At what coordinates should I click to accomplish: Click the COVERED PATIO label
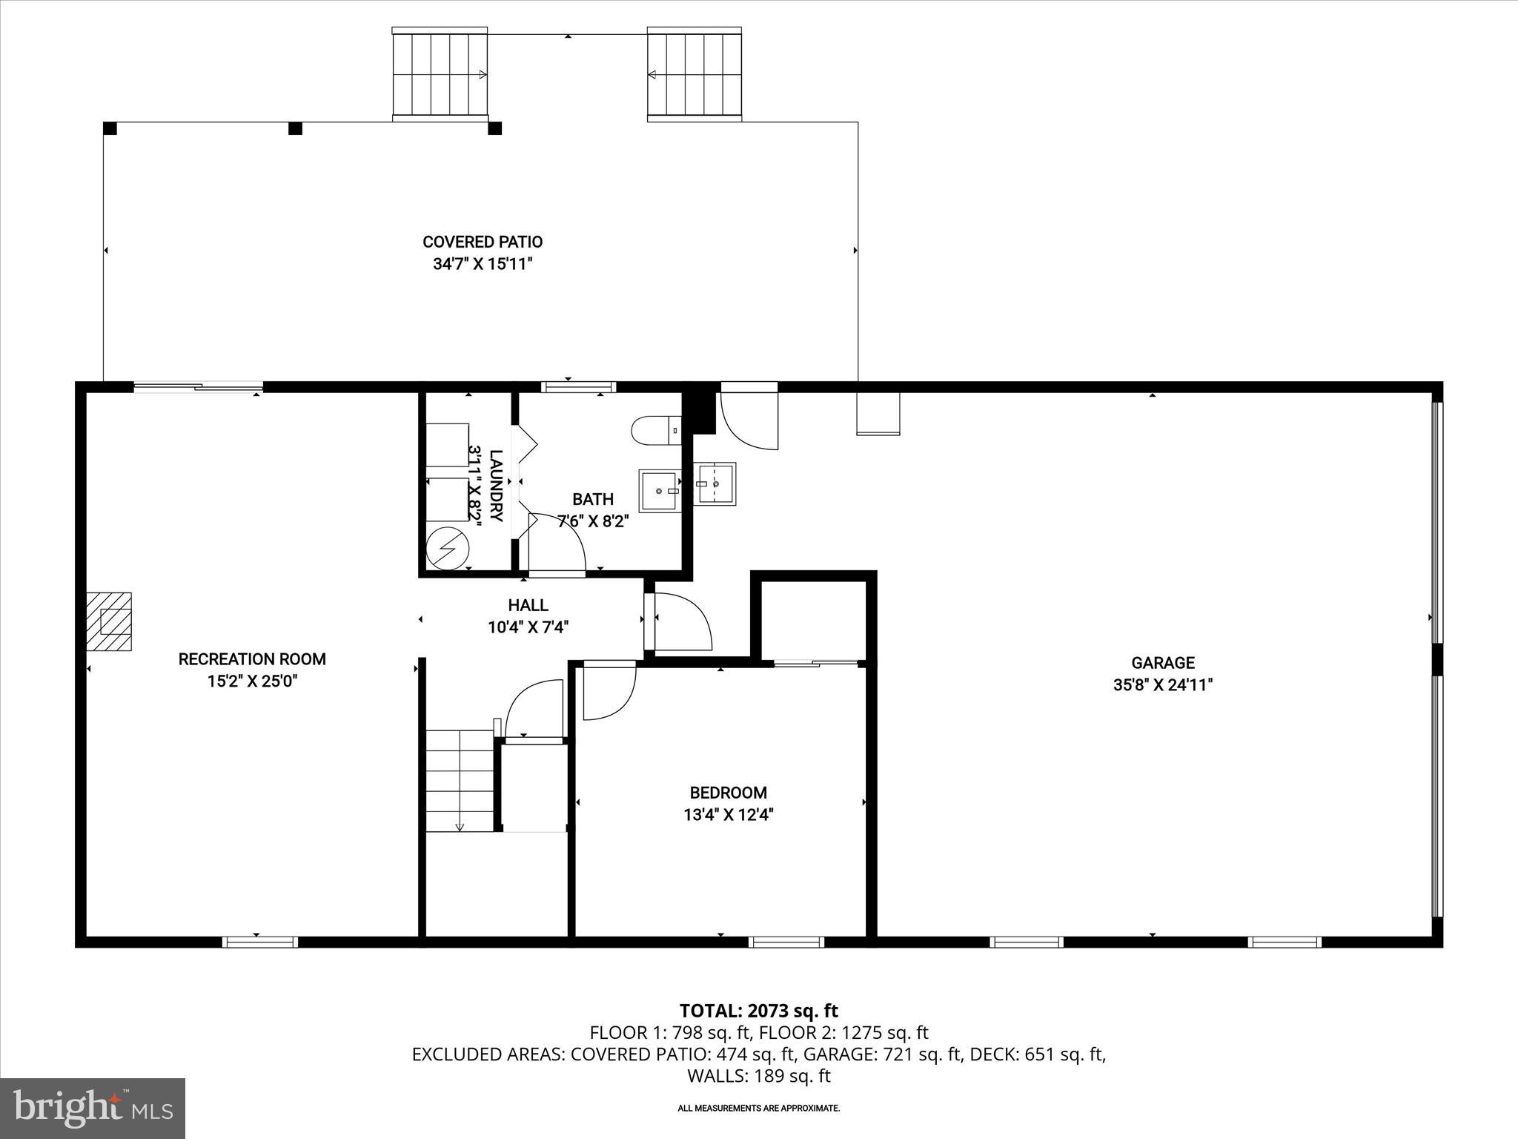[x=483, y=242]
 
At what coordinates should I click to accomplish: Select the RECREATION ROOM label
[x=252, y=659]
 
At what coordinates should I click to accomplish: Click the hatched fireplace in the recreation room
[x=110, y=621]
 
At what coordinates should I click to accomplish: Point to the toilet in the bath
[x=656, y=430]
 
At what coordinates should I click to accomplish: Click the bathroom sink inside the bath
[x=660, y=490]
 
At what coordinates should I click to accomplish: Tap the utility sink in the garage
[x=715, y=483]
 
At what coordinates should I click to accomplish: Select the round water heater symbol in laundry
[x=448, y=548]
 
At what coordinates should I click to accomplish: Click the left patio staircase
[x=440, y=74]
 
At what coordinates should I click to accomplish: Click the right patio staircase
[x=695, y=74]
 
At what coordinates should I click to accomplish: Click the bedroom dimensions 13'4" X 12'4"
[x=728, y=815]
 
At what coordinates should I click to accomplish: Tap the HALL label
[x=528, y=606]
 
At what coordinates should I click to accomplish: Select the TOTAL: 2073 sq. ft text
[x=758, y=1011]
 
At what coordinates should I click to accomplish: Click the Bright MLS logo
[x=93, y=1108]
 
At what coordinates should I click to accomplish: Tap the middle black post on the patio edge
[x=295, y=128]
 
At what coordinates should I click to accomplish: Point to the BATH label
[x=592, y=500]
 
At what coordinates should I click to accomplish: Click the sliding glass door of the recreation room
[x=199, y=386]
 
